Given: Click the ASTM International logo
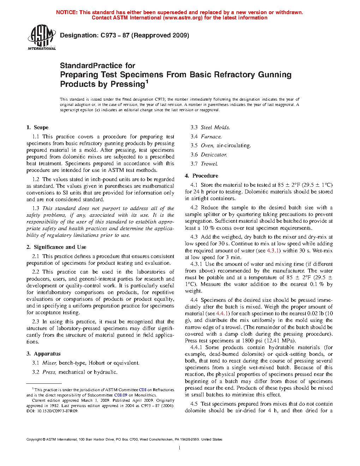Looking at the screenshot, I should pyautogui.click(x=42, y=37).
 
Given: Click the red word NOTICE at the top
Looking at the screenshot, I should pyautogui.click(x=66, y=12).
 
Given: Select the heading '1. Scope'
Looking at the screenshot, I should pyautogui.click(x=37, y=127).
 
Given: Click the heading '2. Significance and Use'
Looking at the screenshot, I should pyautogui.click(x=56, y=247).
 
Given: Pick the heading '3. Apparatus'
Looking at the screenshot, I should pyautogui.click(x=43, y=354).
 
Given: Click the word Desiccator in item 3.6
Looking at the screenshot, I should pyautogui.click(x=214, y=155).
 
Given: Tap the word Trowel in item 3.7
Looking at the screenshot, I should pyautogui.click(x=209, y=164).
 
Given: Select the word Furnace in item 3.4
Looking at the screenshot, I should pyautogui.click(x=211, y=137).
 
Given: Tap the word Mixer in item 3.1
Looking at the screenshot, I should pyautogui.click(x=49, y=363).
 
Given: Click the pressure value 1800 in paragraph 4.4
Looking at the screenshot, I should pyautogui.click(x=248, y=341).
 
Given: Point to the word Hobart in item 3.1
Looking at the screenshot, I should pyautogui.click(x=97, y=363).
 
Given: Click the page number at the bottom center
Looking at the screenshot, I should pyautogui.click(x=180, y=448).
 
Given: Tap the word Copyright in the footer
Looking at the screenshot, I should pyautogui.click(x=34, y=440).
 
